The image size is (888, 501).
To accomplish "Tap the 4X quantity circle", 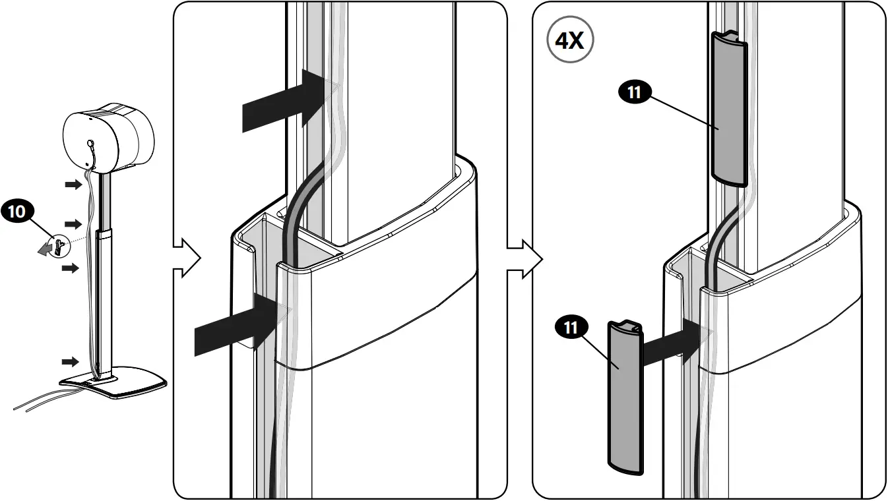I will tap(569, 41).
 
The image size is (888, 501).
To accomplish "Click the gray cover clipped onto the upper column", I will tap(728, 109).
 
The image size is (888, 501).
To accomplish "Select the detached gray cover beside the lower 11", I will tap(623, 396).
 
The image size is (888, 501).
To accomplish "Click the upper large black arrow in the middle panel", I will tap(280, 98).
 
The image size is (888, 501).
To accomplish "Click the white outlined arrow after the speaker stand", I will tap(186, 258).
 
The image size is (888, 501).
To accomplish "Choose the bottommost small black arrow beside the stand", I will tap(70, 361).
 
